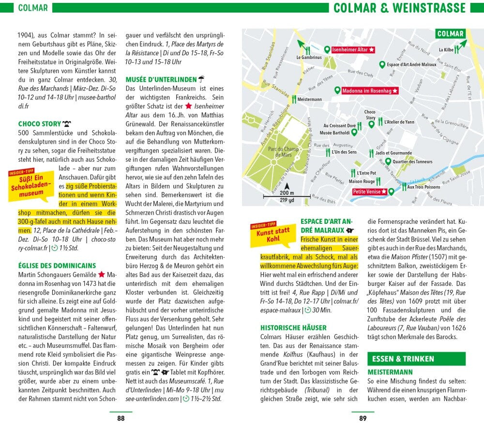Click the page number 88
coord(121,418)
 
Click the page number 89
coord(363,418)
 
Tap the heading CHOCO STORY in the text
coord(40,124)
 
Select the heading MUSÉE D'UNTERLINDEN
coord(161,79)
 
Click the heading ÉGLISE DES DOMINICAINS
coord(57,265)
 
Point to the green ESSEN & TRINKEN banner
coord(416,359)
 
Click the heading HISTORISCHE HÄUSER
coord(293,327)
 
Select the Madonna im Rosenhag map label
coord(370,91)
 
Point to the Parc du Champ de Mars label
coord(283,152)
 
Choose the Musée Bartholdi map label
coord(338,132)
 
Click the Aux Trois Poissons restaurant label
coord(423,187)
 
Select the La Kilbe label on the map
coord(446,49)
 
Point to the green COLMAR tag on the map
coord(450,34)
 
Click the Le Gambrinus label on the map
coord(309,57)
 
